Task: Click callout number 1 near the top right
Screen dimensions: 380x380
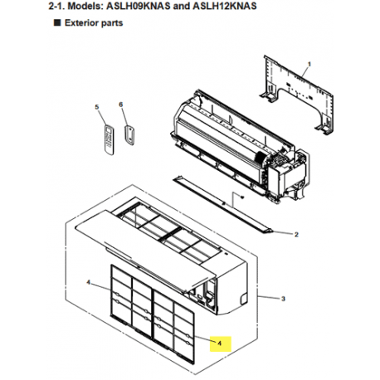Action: [309, 64]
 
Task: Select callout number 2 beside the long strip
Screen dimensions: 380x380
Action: [296, 234]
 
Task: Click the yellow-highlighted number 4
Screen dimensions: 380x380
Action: [219, 342]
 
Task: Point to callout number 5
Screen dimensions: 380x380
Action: [97, 108]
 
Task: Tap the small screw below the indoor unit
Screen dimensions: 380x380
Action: [238, 197]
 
